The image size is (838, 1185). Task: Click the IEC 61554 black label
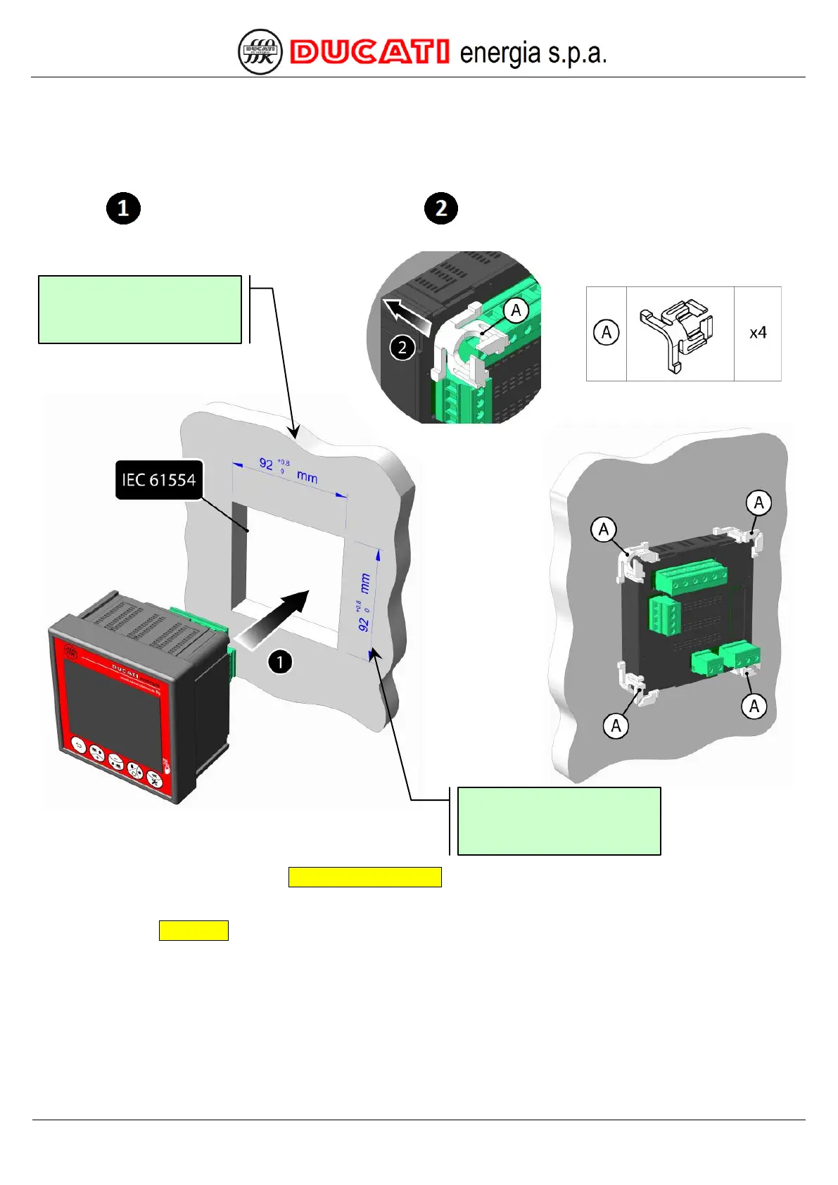159,480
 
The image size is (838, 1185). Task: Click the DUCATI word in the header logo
370,53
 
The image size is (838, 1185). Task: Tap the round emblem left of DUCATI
260,52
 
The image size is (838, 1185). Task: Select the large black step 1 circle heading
123,208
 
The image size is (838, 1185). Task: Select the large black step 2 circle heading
441,208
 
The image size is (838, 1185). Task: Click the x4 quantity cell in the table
758,333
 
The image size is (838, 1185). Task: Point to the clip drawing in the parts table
678,334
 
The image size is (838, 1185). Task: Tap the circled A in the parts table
607,332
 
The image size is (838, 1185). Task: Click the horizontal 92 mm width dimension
288,470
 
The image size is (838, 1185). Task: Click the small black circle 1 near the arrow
280,661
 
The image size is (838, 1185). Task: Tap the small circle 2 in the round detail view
402,347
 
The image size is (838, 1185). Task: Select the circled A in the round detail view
516,310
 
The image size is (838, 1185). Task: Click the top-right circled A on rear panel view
758,502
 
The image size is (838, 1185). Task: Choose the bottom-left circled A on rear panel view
616,725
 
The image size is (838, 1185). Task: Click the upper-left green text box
140,310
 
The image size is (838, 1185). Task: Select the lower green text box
559,820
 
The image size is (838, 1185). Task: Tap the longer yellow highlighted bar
364,877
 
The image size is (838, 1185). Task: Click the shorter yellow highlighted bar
193,930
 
